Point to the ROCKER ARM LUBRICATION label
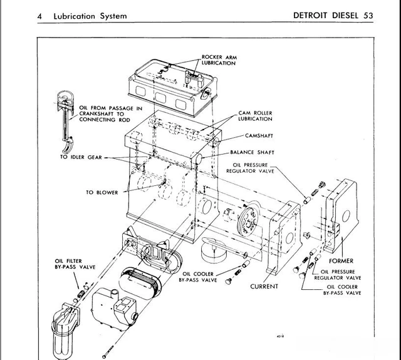pos(219,60)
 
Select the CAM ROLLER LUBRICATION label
pos(255,116)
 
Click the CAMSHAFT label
pos(262,136)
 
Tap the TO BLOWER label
pos(102,192)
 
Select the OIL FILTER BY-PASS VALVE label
pos(75,264)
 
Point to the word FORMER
pos(341,261)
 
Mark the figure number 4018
pos(279,336)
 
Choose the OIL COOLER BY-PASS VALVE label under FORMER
pos(342,290)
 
